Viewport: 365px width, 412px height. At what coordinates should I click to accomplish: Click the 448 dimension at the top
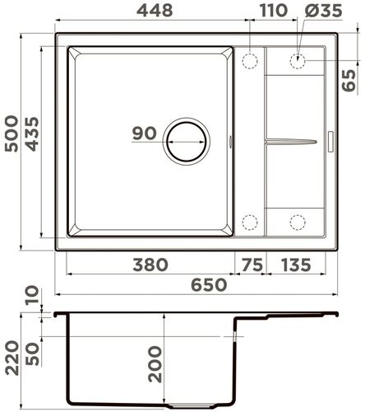click(x=150, y=12)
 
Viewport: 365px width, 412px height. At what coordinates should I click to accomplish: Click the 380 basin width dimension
click(x=150, y=265)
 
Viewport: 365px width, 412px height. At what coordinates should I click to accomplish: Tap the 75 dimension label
click(x=251, y=265)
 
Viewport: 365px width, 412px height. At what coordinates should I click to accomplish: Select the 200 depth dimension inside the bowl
click(x=155, y=363)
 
